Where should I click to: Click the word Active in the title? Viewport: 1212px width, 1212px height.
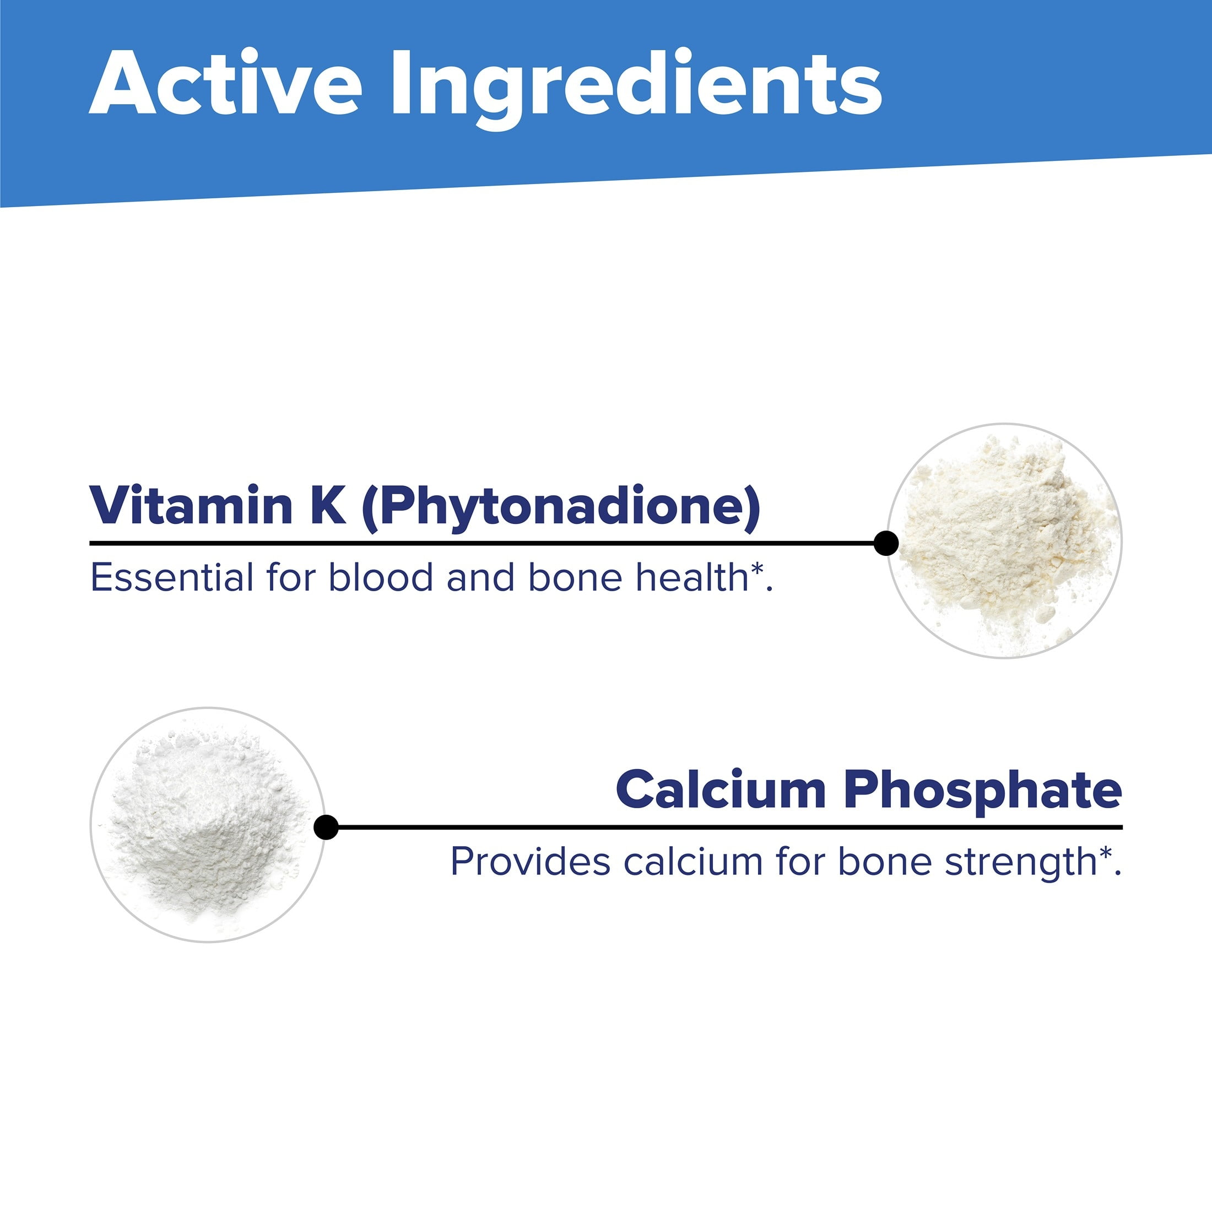(x=226, y=83)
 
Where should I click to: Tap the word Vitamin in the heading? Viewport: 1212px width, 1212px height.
(x=191, y=505)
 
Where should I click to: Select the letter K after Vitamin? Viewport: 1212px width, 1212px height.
(x=327, y=506)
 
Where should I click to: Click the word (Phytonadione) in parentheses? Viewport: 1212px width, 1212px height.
(x=561, y=508)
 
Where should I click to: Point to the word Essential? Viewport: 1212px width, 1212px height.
(x=172, y=577)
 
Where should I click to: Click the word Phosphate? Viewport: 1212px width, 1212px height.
(x=983, y=792)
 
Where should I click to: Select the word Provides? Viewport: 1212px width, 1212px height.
(x=530, y=861)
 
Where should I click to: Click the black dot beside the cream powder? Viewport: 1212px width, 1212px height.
(x=886, y=543)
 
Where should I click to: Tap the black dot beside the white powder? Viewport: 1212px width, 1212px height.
(x=326, y=827)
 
